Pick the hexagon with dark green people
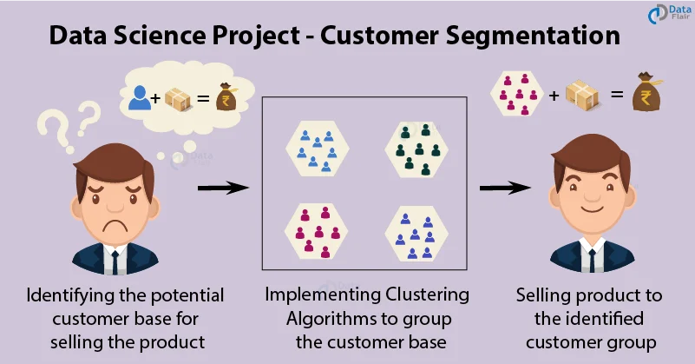tap(415, 148)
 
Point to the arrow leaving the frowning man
tap(219, 186)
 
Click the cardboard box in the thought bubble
tap(180, 97)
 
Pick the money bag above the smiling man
tap(646, 89)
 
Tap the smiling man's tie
tap(592, 260)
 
